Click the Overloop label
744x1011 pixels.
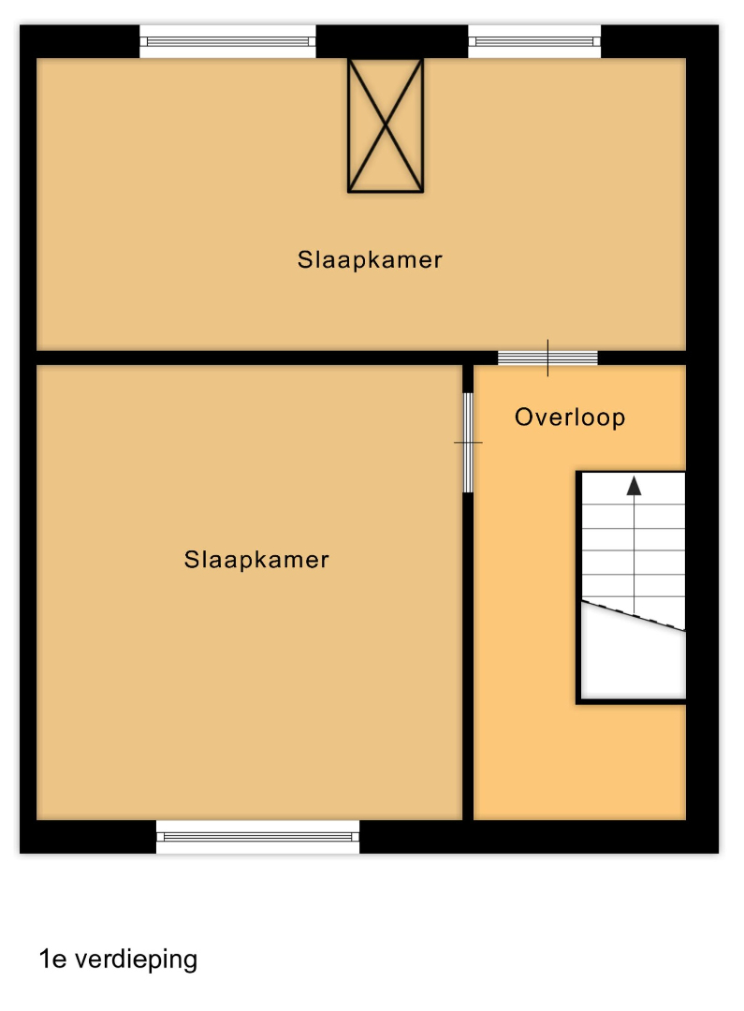[x=570, y=418]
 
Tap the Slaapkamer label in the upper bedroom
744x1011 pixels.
[x=370, y=260]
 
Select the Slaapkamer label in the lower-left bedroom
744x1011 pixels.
[x=256, y=560]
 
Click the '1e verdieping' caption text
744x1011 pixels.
[x=119, y=960]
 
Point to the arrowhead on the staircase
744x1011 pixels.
[x=635, y=486]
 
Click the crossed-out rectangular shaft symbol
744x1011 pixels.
[x=386, y=125]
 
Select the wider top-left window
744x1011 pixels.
[x=227, y=42]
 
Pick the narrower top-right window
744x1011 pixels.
[x=534, y=42]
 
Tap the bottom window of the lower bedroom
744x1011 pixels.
[x=258, y=837]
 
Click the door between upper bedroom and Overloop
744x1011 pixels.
[x=548, y=358]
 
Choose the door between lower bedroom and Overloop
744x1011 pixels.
[x=468, y=442]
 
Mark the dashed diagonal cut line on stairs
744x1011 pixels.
[x=634, y=615]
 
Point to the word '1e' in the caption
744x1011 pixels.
[x=52, y=960]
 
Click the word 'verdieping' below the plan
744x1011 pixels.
[x=137, y=960]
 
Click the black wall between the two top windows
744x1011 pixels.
[x=392, y=42]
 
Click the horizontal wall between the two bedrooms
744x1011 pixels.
[x=267, y=358]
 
